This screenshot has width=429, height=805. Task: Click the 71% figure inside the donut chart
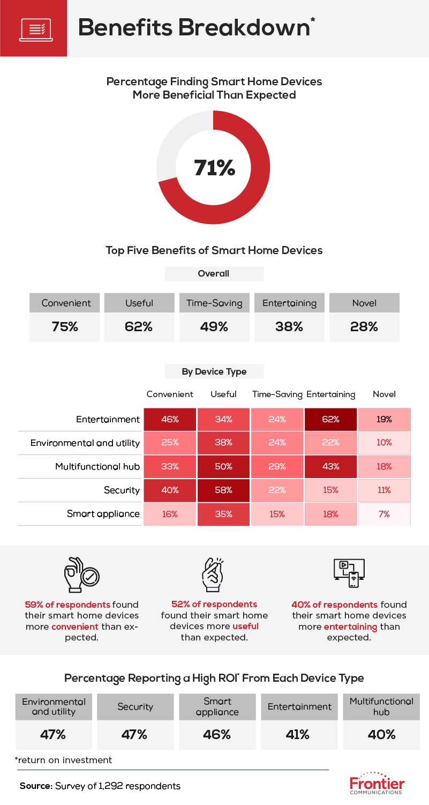click(214, 168)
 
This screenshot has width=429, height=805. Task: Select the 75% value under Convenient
click(65, 326)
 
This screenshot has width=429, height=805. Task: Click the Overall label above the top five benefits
click(214, 273)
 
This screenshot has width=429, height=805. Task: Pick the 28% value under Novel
click(364, 326)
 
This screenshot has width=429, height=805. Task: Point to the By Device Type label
click(214, 371)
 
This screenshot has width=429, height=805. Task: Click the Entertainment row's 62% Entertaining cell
click(330, 420)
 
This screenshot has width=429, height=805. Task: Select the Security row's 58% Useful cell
click(223, 490)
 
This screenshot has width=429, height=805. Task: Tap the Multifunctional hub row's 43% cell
click(330, 466)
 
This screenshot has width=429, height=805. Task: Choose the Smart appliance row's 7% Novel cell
click(384, 514)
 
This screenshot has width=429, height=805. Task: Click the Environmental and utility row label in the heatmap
click(85, 443)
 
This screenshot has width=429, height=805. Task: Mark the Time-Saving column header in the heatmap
click(277, 394)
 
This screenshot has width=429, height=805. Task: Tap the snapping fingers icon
click(214, 574)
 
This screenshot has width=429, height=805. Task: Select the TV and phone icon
click(349, 574)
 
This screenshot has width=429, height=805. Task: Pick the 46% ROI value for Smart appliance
click(217, 734)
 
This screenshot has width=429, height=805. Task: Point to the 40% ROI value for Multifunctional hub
click(381, 734)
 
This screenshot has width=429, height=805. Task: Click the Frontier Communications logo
click(377, 784)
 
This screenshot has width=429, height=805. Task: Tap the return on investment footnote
click(64, 760)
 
